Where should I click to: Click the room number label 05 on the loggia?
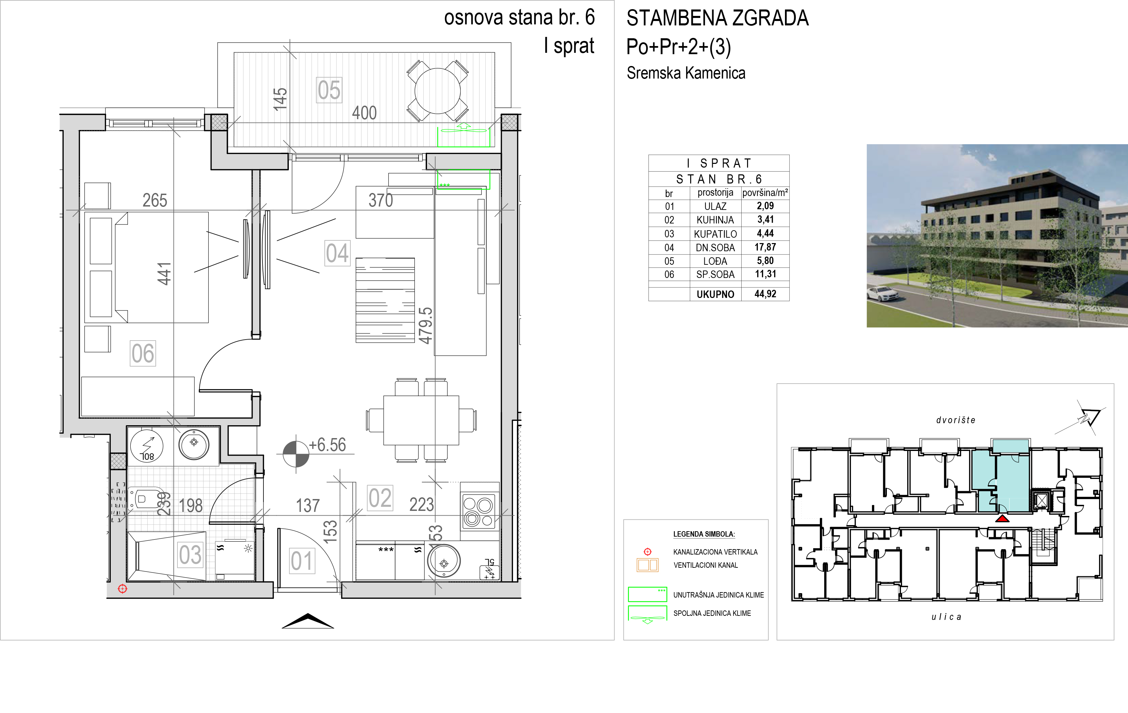coord(329,90)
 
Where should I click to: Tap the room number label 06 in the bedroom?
coord(143,353)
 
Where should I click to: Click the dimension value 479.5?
coord(425,326)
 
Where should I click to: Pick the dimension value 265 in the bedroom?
coord(154,200)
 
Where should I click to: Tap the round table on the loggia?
coord(438,91)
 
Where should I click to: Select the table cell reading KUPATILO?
coord(715,234)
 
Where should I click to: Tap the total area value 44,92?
coord(765,294)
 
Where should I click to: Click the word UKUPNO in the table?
coord(715,294)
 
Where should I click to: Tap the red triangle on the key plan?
coord(1002,519)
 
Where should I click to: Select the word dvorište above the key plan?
coord(956,420)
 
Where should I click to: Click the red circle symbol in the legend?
coord(647,552)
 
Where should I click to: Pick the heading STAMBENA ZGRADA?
coord(718,18)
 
